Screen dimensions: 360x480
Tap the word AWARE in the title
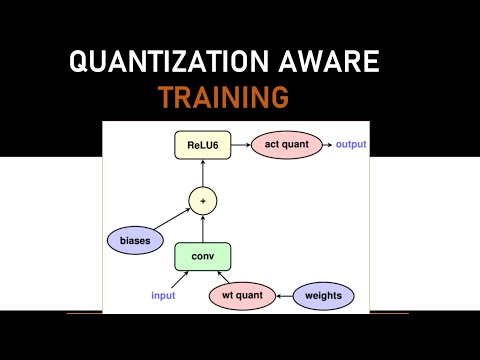pos(333,62)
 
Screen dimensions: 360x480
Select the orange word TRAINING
pos(223,97)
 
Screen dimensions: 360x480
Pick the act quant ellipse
pos(285,146)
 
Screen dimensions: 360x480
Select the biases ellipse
pos(136,240)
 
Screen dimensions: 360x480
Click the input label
pos(163,296)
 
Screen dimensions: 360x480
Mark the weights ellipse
pos(322,296)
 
